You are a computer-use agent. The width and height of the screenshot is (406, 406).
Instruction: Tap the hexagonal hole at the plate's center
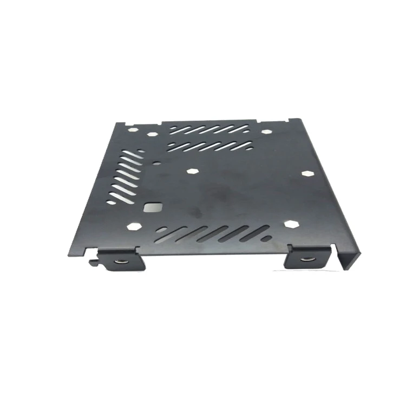click(x=192, y=171)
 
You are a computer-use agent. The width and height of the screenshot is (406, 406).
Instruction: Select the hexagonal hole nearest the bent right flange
click(x=307, y=173)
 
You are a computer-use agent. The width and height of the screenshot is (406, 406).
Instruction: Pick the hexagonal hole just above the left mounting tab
click(x=134, y=225)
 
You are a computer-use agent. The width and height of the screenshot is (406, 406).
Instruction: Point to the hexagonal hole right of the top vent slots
click(x=266, y=131)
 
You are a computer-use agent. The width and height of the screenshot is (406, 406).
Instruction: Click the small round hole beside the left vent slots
click(x=156, y=161)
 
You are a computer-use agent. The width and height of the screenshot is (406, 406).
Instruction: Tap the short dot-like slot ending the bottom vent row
click(x=267, y=237)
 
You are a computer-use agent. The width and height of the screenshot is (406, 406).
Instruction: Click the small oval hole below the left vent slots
click(x=111, y=202)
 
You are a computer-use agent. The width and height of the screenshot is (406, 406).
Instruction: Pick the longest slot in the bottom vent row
click(x=217, y=234)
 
